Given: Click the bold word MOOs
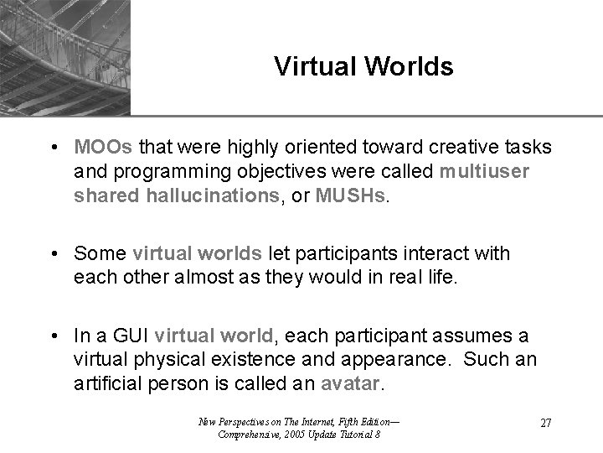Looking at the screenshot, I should pyautogui.click(x=102, y=148).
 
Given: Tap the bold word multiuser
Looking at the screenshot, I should pyautogui.click(x=484, y=170).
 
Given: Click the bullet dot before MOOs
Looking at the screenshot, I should pyautogui.click(x=53, y=148).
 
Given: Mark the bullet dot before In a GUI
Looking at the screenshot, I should pyautogui.click(x=53, y=336).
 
